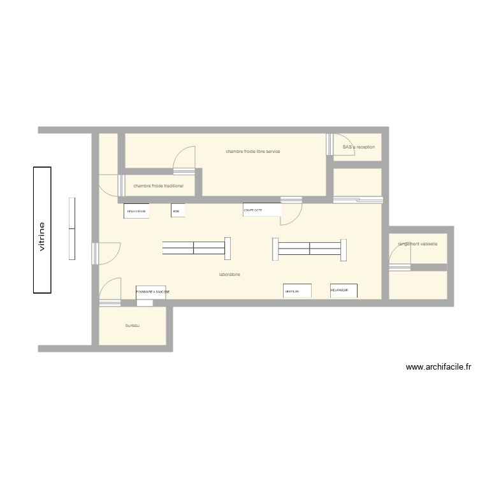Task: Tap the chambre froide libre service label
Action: coord(252,152)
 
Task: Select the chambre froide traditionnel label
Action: coord(158,186)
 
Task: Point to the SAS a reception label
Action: coord(358,147)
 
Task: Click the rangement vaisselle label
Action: coord(417,243)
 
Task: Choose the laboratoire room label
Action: coord(229,275)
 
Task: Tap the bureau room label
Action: coord(132,326)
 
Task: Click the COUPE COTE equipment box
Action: coord(262,210)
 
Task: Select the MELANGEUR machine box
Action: coord(344,291)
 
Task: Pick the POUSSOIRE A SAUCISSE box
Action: coord(151,292)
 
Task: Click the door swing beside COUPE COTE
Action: coord(291,212)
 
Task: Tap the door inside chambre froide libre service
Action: coord(184,159)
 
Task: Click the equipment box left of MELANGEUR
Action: coord(297,291)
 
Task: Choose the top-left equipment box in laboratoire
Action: coord(136,211)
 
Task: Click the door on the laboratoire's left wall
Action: coord(107,253)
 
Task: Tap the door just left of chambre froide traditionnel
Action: coord(110,185)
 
